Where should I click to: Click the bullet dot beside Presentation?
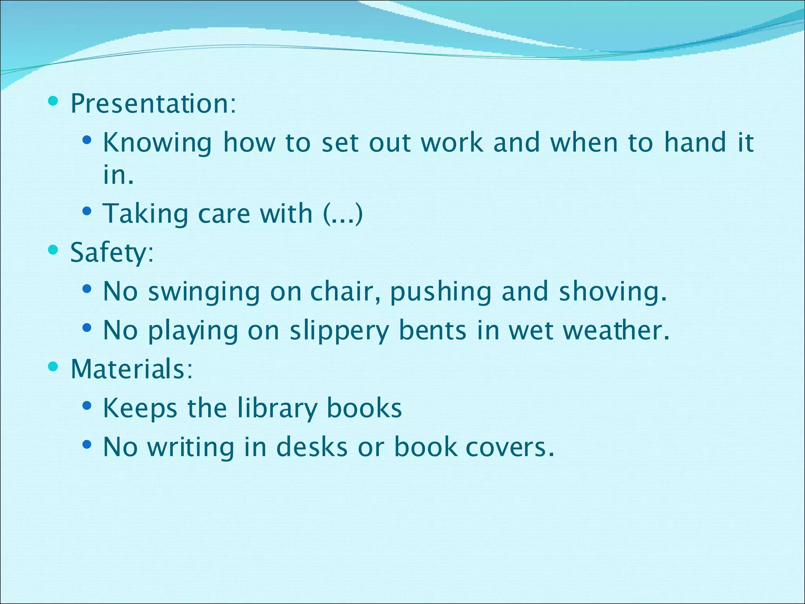[53, 101]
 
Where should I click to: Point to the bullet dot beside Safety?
[53, 250]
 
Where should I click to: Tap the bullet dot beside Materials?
[53, 366]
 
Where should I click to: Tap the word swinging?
[204, 292]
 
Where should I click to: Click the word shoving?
[613, 292]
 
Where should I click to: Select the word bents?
[432, 330]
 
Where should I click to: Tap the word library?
[277, 409]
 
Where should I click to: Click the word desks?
[312, 447]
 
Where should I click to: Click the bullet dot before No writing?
[87, 445]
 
